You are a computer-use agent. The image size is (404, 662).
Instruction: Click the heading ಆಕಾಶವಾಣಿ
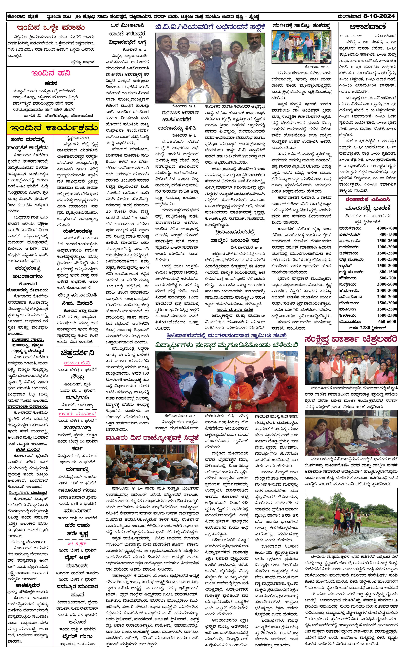(367, 27)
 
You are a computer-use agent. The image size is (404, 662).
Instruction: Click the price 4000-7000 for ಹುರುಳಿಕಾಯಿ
(387, 228)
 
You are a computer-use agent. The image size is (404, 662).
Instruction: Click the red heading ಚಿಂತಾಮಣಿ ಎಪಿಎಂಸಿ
(367, 199)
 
